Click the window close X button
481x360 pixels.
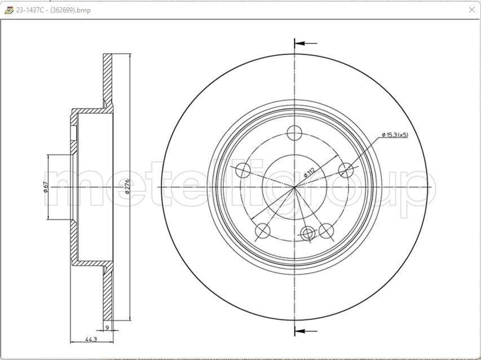coord(471,10)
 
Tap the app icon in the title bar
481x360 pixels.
coord(8,10)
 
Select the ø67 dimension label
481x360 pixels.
coord(46,187)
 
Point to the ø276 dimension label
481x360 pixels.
coord(127,187)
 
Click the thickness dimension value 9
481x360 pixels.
coord(107,327)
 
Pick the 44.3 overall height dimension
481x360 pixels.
coord(91,339)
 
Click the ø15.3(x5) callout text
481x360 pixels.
coord(395,135)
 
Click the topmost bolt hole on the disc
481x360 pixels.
coord(294,133)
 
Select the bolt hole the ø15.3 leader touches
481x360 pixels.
coord(346,170)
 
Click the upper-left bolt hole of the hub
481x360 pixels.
coord(242,170)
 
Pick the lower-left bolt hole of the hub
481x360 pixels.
coord(263,230)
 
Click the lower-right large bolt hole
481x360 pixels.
coord(326,230)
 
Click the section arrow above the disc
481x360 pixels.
coord(305,43)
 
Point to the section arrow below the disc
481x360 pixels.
coord(305,331)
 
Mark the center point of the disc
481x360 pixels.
coord(294,187)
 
